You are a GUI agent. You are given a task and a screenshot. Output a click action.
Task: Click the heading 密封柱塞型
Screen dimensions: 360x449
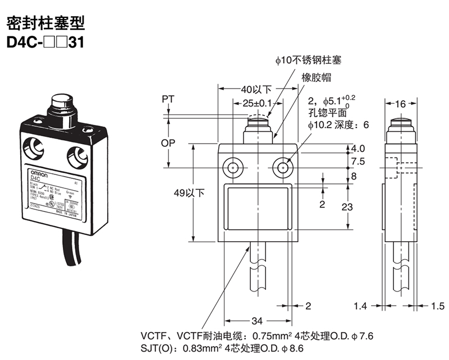44,23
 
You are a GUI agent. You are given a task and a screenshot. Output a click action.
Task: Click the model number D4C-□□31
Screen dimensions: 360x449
44,42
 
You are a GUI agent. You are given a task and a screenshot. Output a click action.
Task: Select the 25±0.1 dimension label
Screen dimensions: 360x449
258,103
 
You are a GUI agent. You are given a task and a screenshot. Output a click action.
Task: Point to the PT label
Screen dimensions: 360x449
168,99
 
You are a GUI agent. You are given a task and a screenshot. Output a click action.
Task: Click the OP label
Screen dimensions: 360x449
168,143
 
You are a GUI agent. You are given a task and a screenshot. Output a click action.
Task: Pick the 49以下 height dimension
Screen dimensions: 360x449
189,193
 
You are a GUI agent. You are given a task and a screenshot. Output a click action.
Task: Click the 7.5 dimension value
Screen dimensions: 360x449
358,161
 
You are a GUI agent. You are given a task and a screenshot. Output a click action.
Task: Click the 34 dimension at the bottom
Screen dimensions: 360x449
256,321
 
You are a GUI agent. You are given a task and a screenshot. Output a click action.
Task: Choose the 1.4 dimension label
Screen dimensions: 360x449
360,306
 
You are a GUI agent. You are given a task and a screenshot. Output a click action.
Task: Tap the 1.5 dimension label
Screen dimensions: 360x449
439,306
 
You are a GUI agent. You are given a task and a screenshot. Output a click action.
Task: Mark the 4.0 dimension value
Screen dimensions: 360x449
358,149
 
